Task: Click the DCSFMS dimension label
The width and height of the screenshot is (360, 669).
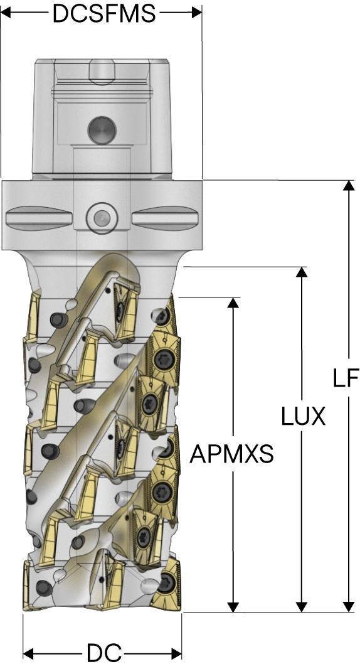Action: [104, 13]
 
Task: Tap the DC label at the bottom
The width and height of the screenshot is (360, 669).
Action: [104, 653]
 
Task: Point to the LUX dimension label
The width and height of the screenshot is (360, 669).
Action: [304, 416]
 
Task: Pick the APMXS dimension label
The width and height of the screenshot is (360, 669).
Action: [231, 454]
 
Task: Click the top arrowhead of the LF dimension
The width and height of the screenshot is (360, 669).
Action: [349, 185]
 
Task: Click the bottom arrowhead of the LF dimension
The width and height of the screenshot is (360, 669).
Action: [349, 607]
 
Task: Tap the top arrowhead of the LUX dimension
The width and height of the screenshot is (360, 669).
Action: [302, 272]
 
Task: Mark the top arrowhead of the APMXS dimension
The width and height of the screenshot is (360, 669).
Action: [233, 302]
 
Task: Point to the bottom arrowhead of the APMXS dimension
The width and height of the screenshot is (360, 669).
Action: [233, 607]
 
